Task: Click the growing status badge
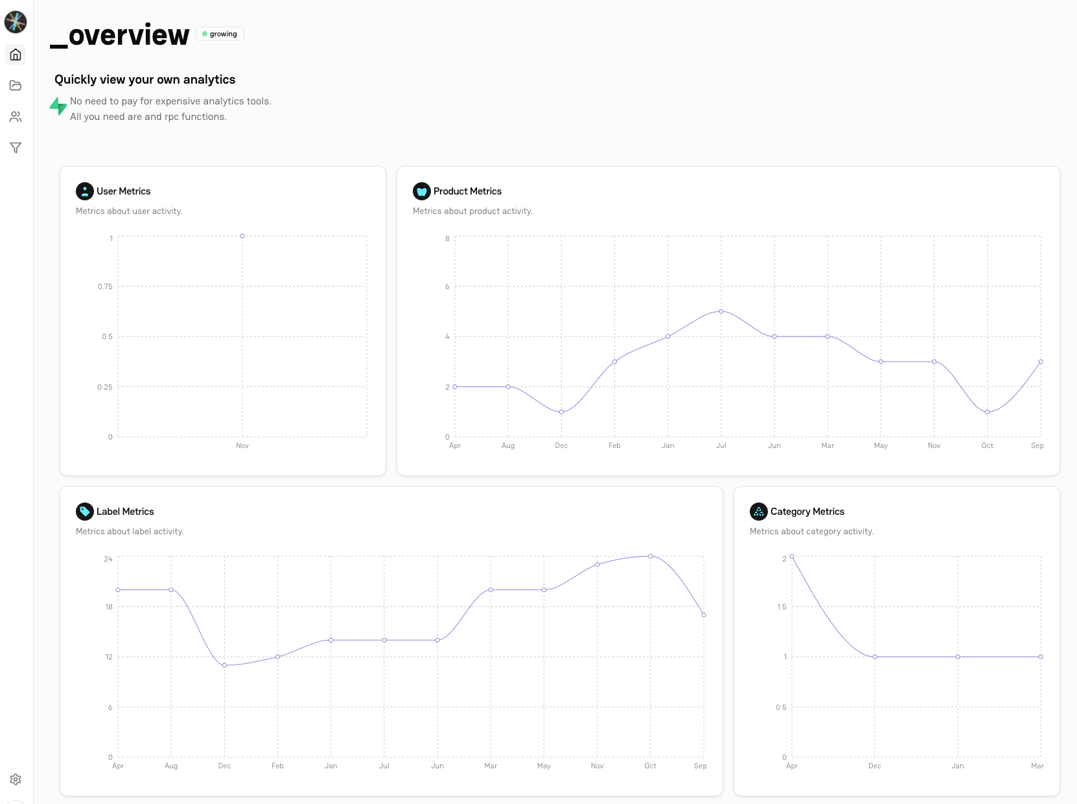click(x=220, y=34)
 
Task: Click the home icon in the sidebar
click(x=16, y=54)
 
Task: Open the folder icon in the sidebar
click(x=16, y=86)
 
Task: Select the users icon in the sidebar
click(x=16, y=117)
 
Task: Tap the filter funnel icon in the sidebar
click(x=16, y=148)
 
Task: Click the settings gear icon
click(x=16, y=779)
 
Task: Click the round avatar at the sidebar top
click(x=16, y=22)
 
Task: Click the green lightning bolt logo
click(x=58, y=106)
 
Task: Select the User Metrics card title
click(x=123, y=191)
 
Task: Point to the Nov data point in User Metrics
click(x=242, y=236)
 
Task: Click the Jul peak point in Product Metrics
click(x=721, y=311)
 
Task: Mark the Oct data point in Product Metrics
click(x=988, y=412)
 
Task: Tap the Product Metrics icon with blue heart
click(x=422, y=191)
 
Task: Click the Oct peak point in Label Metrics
click(x=651, y=556)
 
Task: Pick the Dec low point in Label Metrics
click(x=225, y=665)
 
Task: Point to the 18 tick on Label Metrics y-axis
click(x=109, y=607)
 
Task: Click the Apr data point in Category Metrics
click(x=792, y=556)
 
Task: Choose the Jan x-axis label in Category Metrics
click(x=958, y=766)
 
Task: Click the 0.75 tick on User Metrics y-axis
click(x=105, y=287)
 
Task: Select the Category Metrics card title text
click(x=807, y=512)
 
